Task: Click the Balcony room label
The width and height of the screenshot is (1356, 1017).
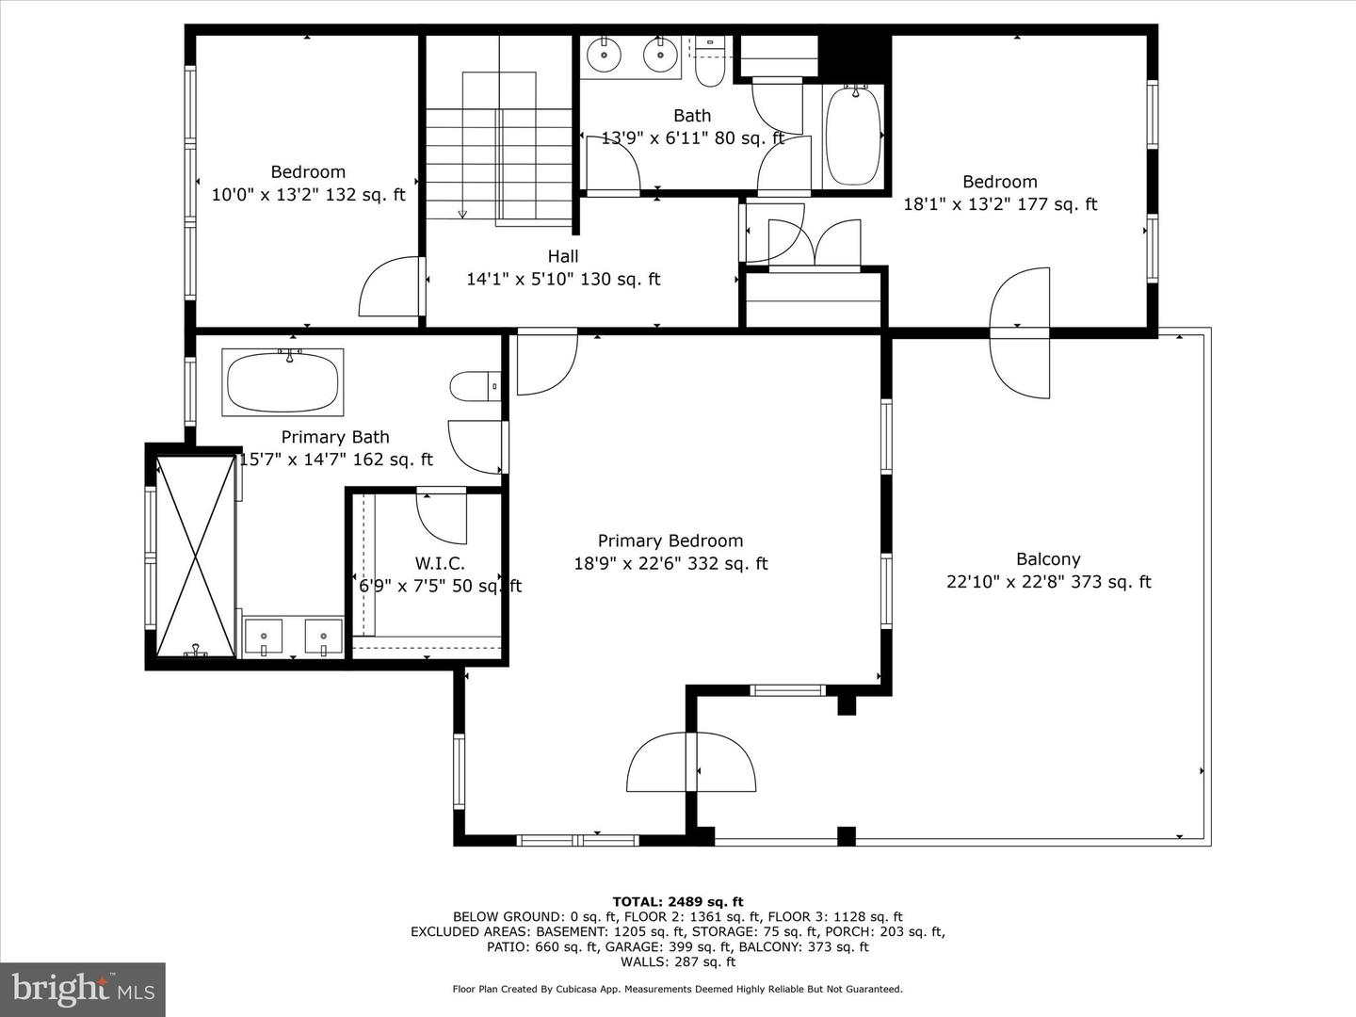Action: pyautogui.click(x=1048, y=559)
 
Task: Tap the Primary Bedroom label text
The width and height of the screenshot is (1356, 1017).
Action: pyautogui.click(x=670, y=541)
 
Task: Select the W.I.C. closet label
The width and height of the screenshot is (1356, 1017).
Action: pyautogui.click(x=440, y=563)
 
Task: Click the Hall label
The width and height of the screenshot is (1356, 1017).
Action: pyautogui.click(x=563, y=256)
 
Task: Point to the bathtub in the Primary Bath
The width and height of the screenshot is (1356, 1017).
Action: pyautogui.click(x=282, y=381)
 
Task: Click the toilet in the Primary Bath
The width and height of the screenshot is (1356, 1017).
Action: pyautogui.click(x=474, y=385)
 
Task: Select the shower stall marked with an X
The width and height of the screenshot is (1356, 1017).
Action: pyautogui.click(x=195, y=556)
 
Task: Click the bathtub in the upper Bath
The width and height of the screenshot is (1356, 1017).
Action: pyautogui.click(x=853, y=137)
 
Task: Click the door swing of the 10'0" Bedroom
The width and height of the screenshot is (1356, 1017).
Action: pyautogui.click(x=388, y=287)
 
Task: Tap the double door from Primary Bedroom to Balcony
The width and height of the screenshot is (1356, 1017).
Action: pyautogui.click(x=692, y=763)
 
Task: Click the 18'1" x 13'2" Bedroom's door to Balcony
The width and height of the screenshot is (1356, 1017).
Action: pyautogui.click(x=1019, y=332)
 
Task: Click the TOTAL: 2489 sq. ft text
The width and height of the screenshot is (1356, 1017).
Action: pyautogui.click(x=678, y=901)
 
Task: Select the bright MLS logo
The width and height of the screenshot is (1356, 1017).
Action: pyautogui.click(x=83, y=989)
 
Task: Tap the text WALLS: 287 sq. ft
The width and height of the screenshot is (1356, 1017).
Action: pyautogui.click(x=678, y=961)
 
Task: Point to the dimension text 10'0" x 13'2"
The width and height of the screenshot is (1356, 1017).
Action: pyautogui.click(x=266, y=195)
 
